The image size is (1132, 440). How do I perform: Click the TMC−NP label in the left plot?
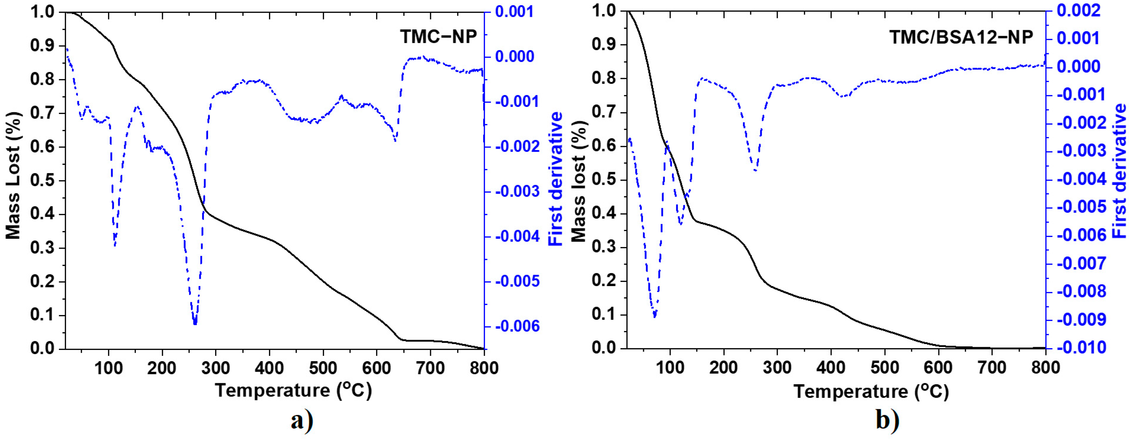pos(438,36)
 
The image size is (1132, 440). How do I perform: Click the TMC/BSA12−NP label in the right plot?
pos(961,37)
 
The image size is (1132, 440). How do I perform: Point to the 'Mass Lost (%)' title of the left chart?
pos(13,176)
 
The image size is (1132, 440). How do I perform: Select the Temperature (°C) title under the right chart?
pos(871,391)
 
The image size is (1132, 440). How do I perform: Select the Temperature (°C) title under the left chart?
pos(294,390)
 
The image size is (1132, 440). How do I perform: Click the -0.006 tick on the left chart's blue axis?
pos(517,326)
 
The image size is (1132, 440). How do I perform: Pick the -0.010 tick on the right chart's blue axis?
pos(1081,348)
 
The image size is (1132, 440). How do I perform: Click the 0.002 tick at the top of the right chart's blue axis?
pos(1079,10)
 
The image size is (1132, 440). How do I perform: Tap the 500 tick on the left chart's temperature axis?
pos(322,368)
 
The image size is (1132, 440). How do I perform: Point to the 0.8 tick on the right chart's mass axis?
pos(604,79)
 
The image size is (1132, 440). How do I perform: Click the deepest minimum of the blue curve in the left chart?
pos(195,323)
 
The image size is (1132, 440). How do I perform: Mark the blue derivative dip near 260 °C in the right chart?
pos(755,170)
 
